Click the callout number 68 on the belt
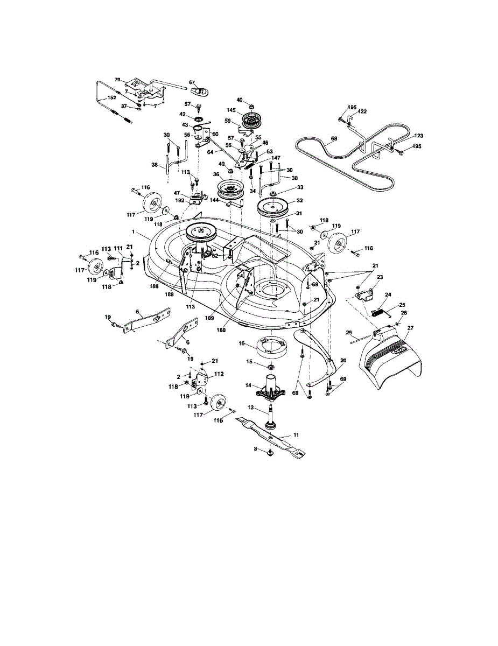[x=334, y=139]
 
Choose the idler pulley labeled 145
[x=250, y=121]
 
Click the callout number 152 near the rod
[x=112, y=98]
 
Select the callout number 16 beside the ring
[x=242, y=342]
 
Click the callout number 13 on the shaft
[x=251, y=408]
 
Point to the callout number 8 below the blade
[x=256, y=448]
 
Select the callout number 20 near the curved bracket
[x=343, y=360]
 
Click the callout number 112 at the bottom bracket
[x=219, y=374]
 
